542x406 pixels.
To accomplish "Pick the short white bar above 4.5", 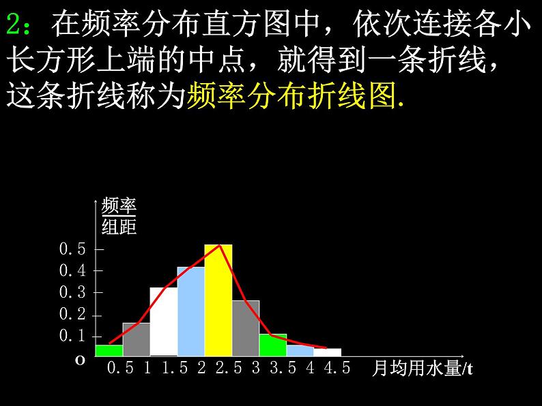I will (328, 352).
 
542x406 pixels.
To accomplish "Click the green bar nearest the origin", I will (109, 350).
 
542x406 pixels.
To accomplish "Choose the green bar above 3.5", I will (273, 345).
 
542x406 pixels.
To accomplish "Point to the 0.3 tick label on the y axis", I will (72, 293).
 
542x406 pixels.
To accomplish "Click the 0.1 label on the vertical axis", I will (72, 337).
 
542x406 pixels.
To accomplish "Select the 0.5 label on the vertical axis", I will (72, 249).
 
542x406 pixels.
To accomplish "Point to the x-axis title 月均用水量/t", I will (423, 369).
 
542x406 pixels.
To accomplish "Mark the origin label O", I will (80, 361).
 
